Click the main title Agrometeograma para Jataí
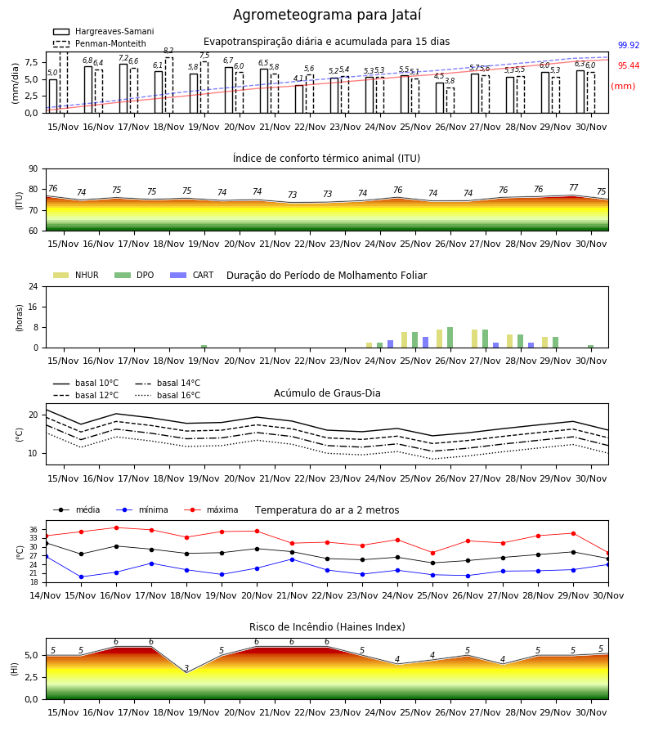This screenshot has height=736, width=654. (x=327, y=16)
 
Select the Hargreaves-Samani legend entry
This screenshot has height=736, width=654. (x=104, y=31)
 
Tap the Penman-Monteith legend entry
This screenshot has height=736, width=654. (x=100, y=43)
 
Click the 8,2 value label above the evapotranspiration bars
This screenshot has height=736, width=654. (x=168, y=51)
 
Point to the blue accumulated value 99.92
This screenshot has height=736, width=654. (x=629, y=46)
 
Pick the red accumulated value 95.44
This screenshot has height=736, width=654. (x=629, y=65)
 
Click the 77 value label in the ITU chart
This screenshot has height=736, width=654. (x=573, y=188)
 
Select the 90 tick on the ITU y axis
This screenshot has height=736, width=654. (x=34, y=169)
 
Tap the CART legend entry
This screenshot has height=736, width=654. (x=192, y=275)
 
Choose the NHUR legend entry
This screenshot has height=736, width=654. (x=76, y=275)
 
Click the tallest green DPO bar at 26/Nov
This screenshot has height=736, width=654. (x=450, y=338)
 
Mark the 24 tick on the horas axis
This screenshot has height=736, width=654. (x=34, y=286)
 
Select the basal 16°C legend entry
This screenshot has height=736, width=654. (x=168, y=395)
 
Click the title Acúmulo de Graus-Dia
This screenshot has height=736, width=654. (x=327, y=393)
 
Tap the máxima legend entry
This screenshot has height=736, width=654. (x=211, y=509)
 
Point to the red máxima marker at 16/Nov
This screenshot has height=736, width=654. (x=116, y=527)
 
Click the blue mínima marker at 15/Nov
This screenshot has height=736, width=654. (x=81, y=577)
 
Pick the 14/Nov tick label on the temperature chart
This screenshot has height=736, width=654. (x=46, y=595)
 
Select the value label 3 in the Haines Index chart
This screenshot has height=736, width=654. (x=186, y=668)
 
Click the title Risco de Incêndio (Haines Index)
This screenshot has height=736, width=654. (x=327, y=627)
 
